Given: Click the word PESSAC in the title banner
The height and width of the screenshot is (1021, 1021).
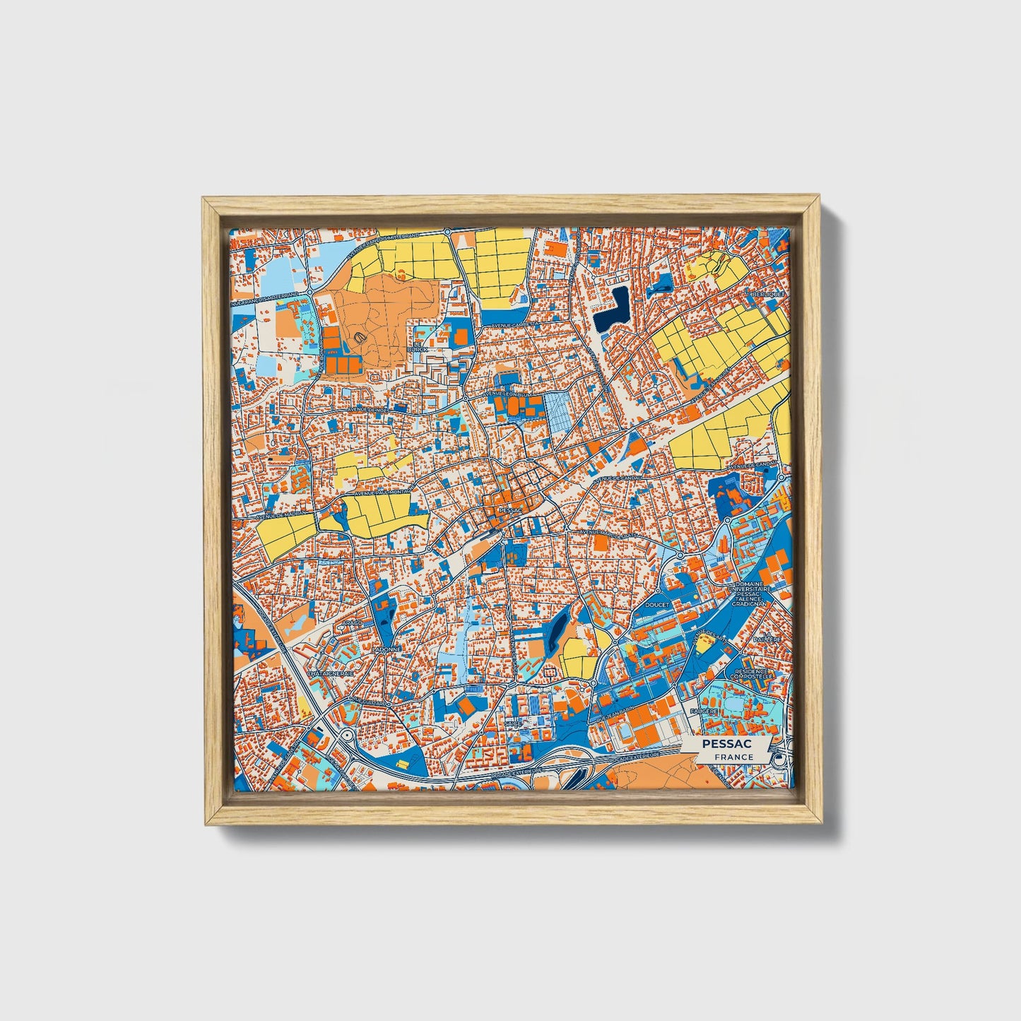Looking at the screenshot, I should [726, 744].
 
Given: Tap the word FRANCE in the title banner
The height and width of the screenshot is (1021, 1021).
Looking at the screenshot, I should [733, 757].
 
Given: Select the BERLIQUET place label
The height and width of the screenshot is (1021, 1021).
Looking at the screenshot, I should [768, 293].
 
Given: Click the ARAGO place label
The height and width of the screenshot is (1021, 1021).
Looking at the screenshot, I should [353, 623].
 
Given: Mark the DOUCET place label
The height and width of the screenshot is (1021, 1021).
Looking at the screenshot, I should [656, 606].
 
